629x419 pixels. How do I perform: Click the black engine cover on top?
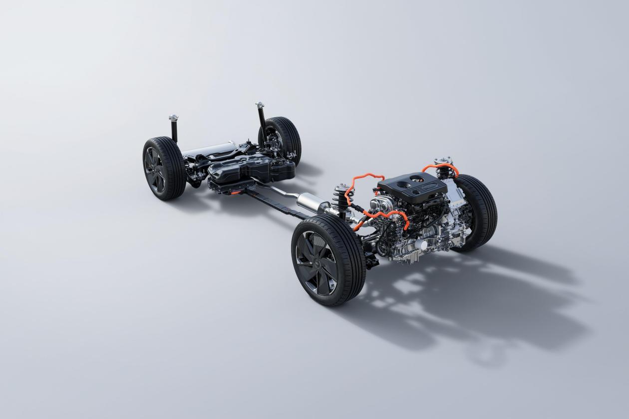[x=412, y=187]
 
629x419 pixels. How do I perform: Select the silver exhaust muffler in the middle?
[x=312, y=204]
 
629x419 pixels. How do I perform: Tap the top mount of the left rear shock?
[x=173, y=118]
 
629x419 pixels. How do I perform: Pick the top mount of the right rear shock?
[x=260, y=106]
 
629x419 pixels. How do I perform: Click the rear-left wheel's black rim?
[x=155, y=170]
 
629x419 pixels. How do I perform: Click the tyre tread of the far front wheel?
[x=482, y=209]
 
